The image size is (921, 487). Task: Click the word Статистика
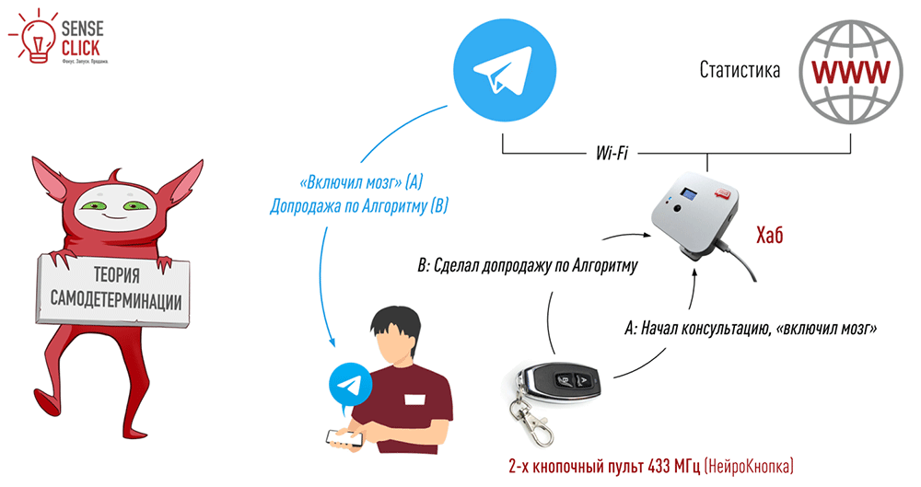pos(740,71)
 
